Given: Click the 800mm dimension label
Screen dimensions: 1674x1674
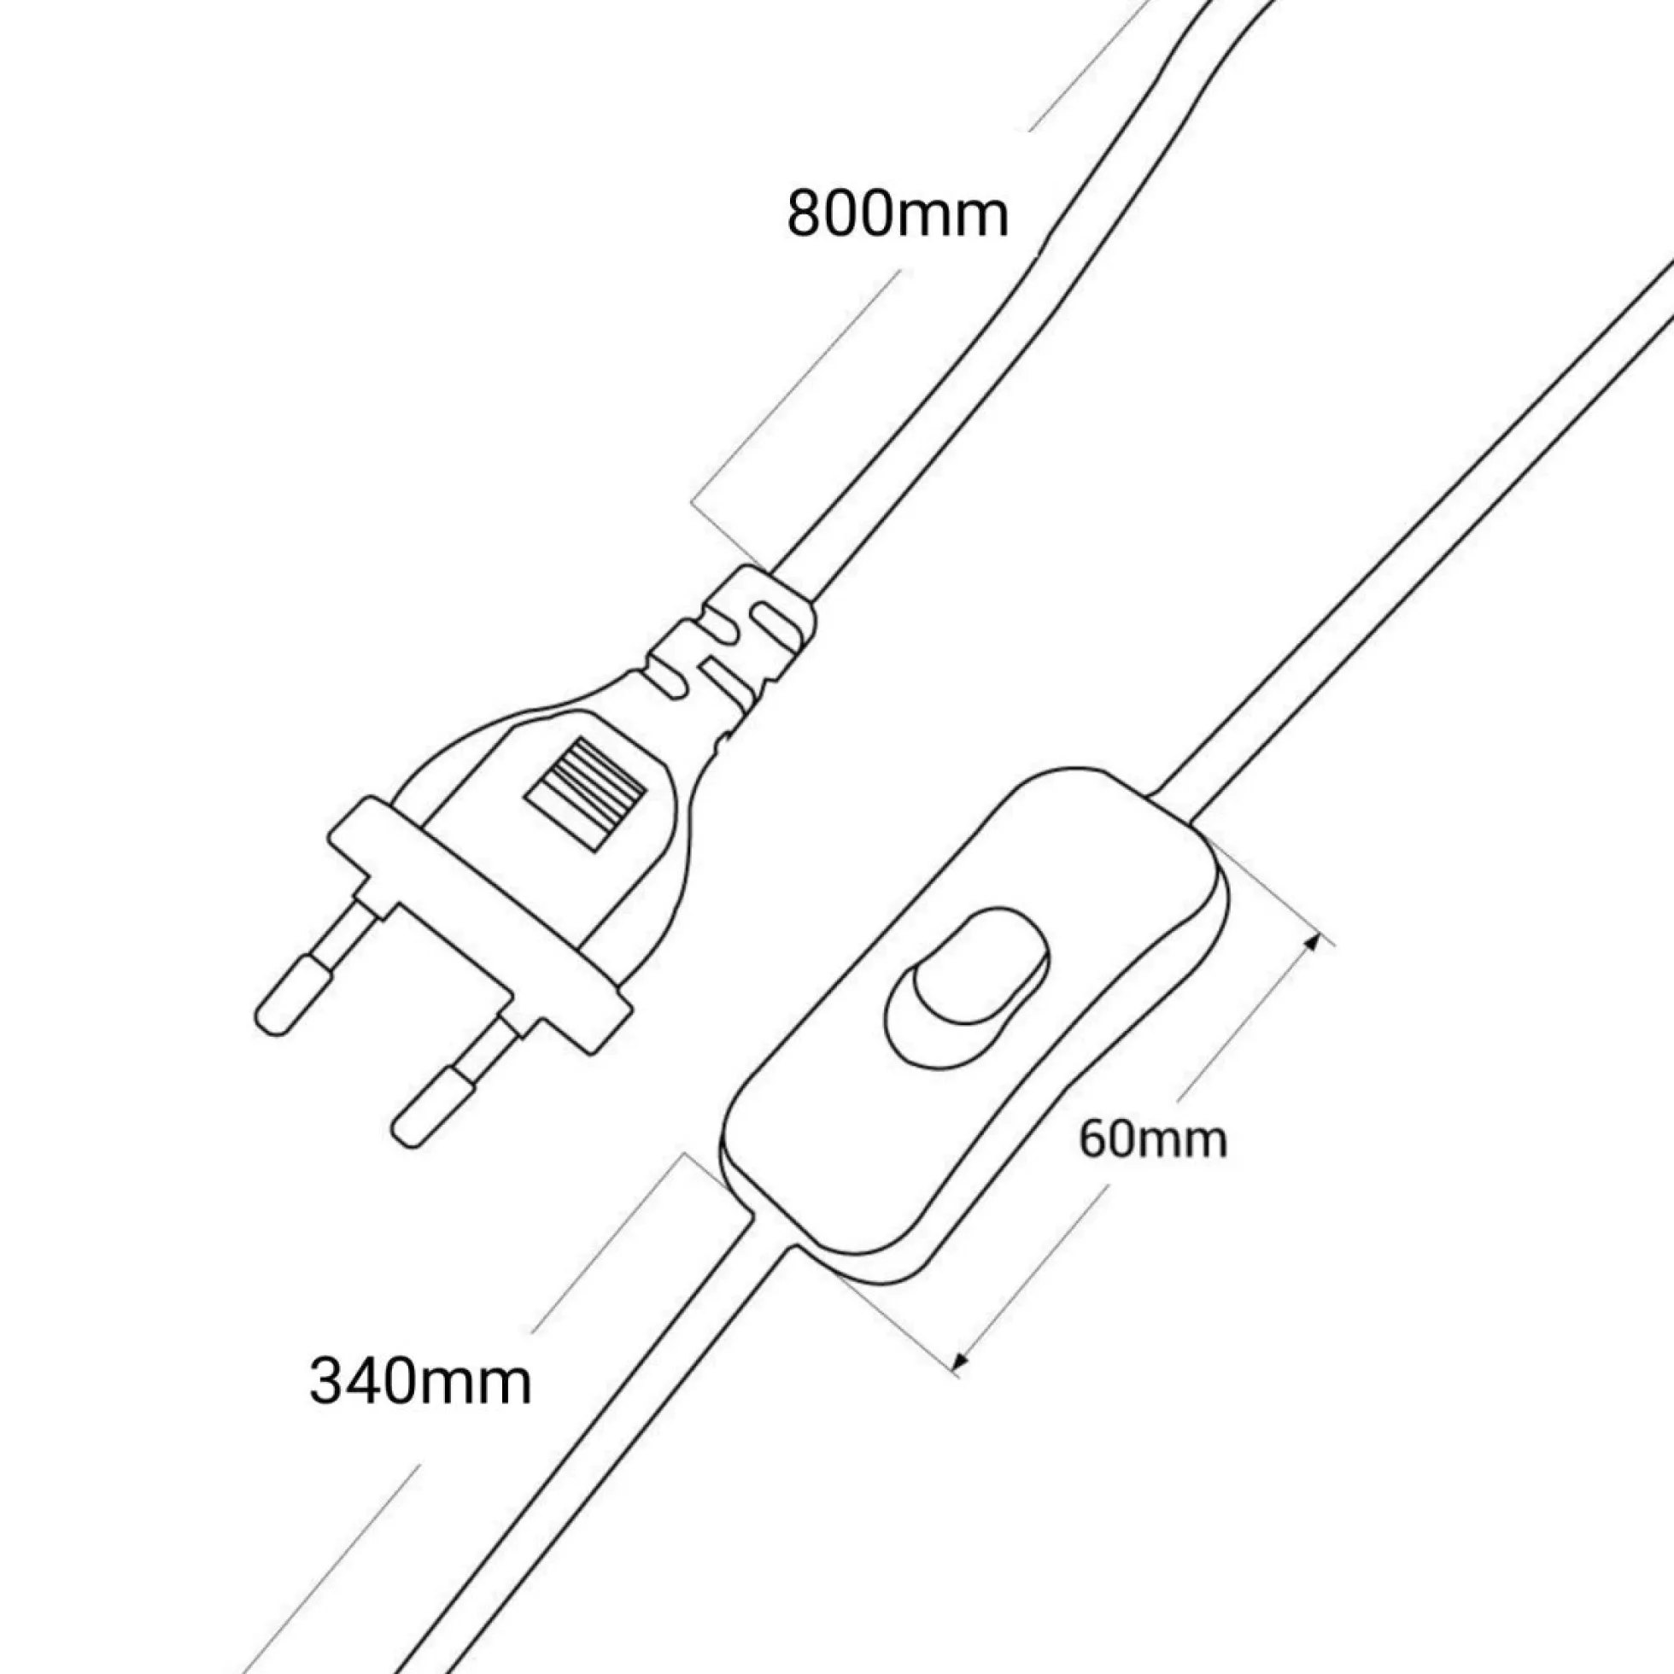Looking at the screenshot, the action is pos(898,214).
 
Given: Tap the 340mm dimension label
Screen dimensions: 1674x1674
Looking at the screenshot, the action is pos(420,1381).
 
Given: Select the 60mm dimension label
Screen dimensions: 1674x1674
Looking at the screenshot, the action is pos(1152,1139).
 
